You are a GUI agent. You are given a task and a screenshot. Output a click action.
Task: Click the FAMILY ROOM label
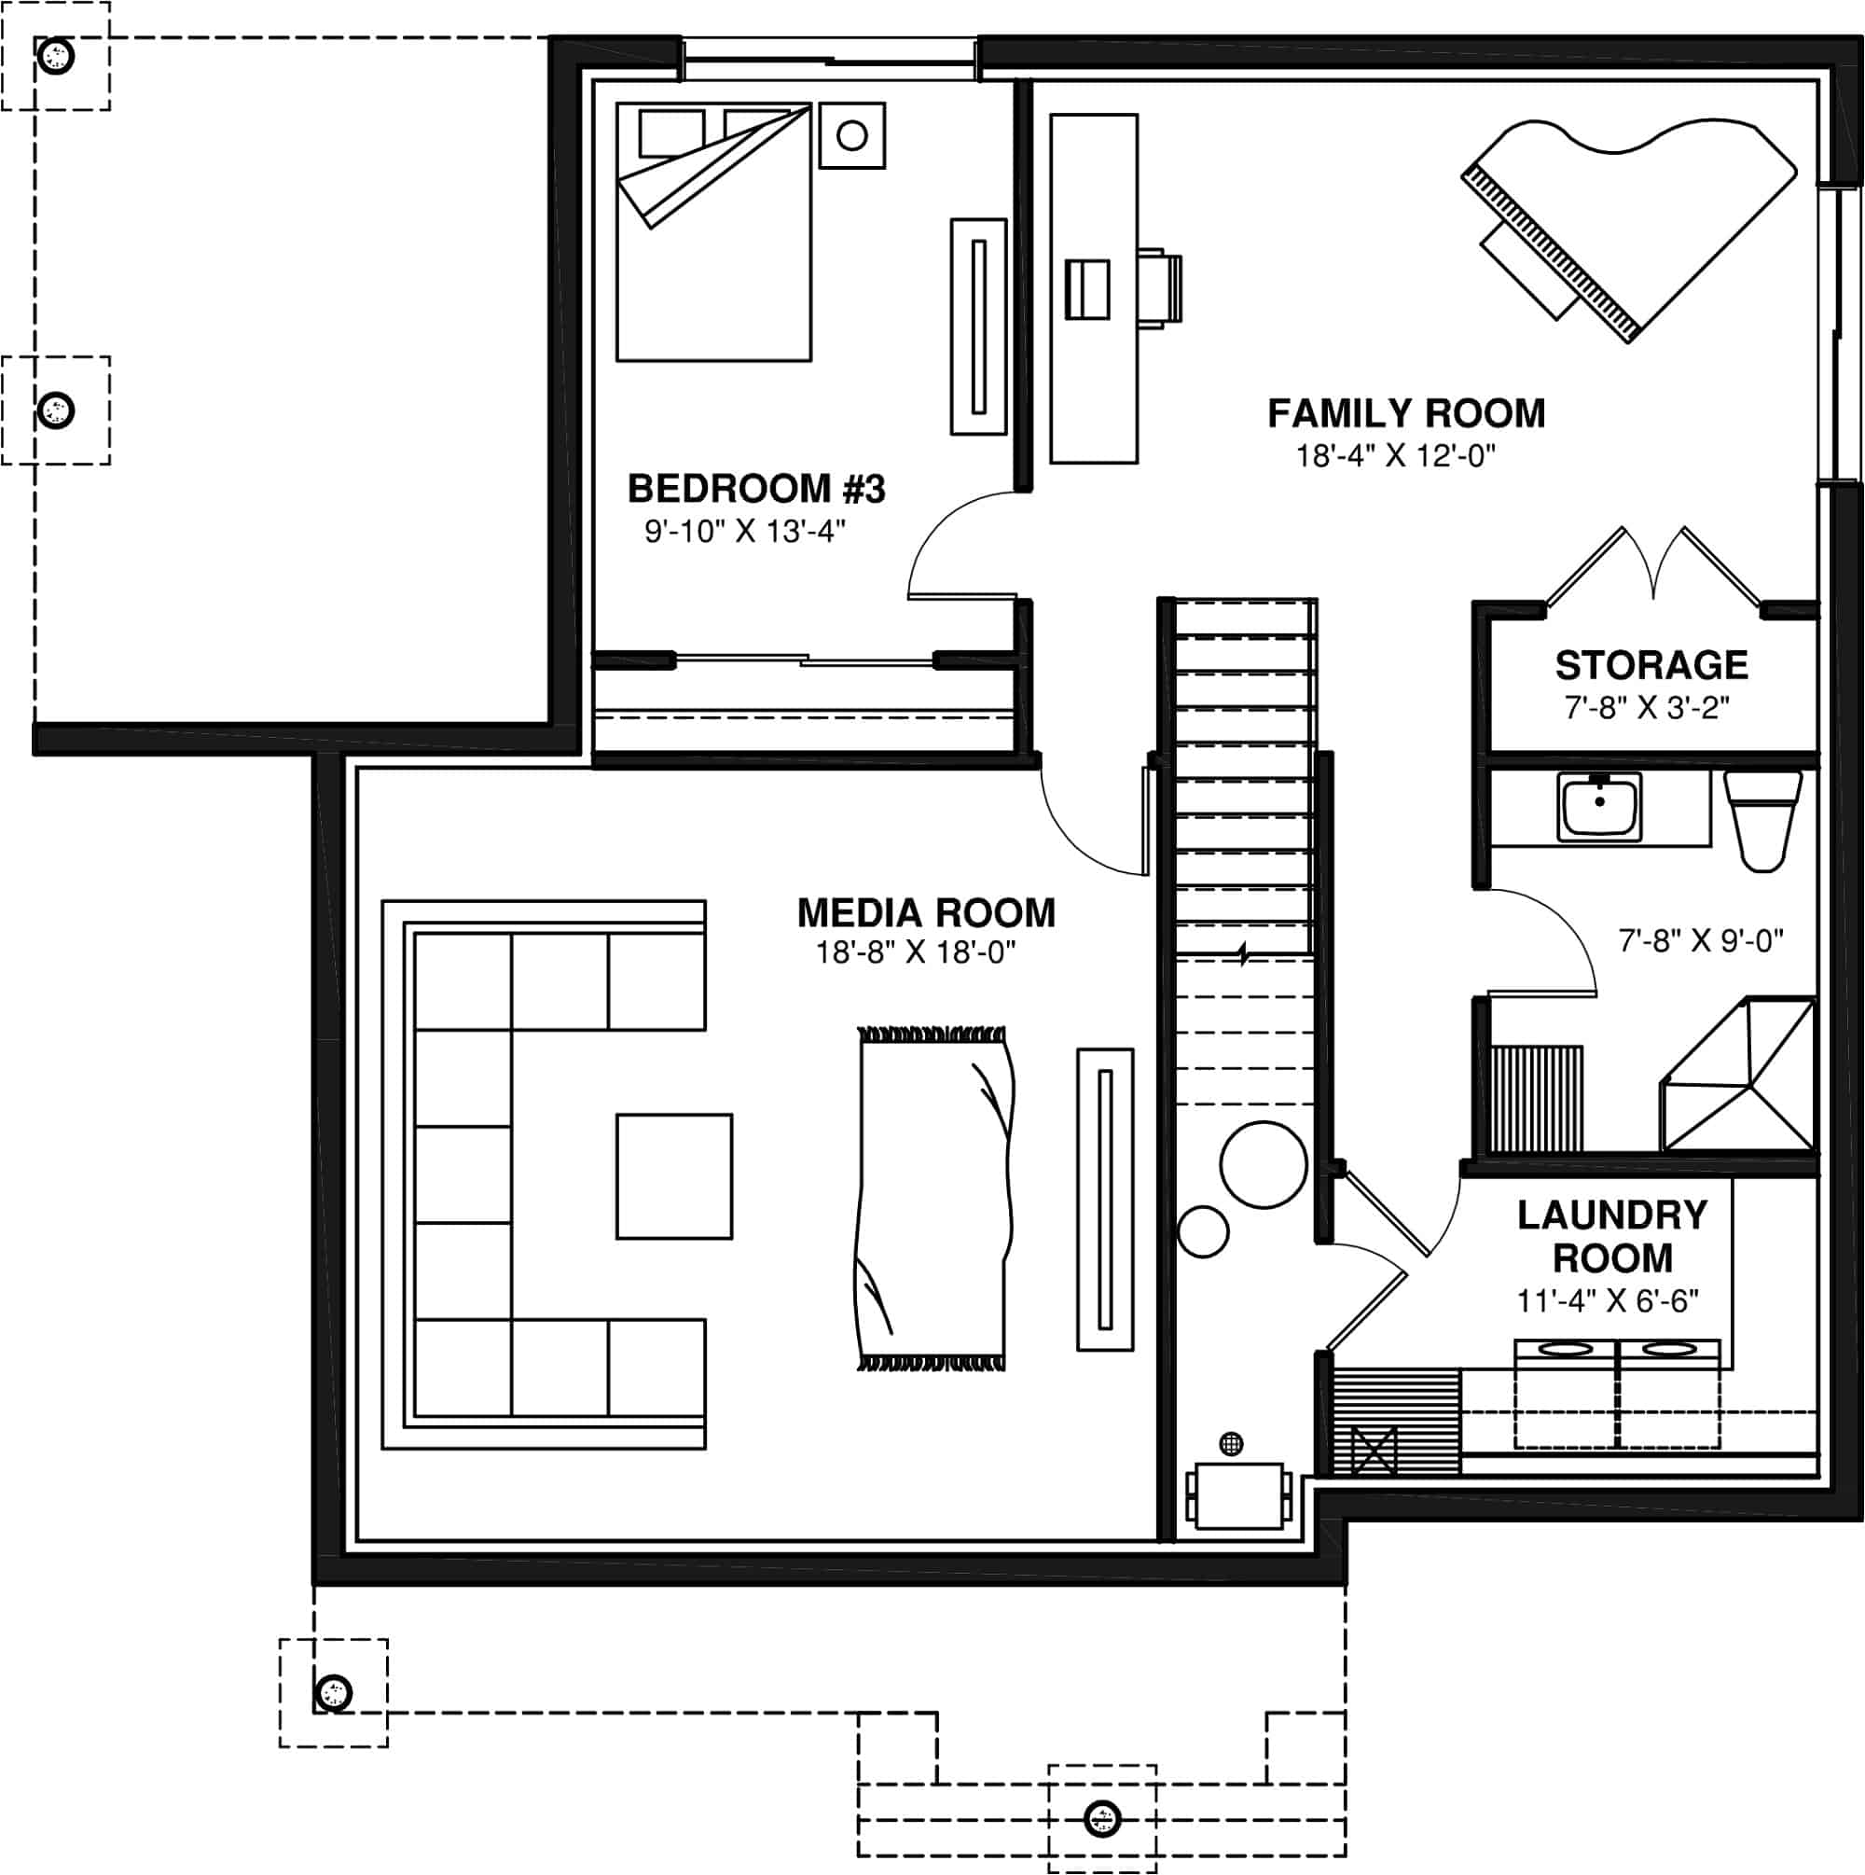point(1405,413)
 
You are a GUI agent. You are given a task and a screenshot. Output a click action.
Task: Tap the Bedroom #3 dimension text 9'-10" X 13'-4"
point(744,532)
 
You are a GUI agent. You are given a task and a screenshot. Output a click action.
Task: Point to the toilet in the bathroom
point(1762,819)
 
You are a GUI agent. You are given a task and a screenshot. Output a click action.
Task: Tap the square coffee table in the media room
point(673,1175)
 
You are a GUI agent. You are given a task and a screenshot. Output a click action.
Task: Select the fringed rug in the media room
point(932,1199)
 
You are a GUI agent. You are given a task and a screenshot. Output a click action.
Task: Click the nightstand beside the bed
point(851,136)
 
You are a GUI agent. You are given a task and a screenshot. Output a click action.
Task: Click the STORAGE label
point(1651,666)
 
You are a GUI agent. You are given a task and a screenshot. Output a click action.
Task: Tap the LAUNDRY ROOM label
point(1611,1236)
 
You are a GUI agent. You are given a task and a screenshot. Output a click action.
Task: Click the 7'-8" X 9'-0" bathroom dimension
point(1700,940)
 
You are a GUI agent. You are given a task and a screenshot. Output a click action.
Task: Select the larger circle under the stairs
point(1263,1164)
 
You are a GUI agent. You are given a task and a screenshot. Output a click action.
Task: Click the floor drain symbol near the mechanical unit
point(1230,1443)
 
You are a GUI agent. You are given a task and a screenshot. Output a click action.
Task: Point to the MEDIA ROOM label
point(925,913)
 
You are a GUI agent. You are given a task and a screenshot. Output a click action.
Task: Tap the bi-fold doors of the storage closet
point(1652,568)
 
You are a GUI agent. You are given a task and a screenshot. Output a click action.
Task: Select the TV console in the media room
point(1104,1200)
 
